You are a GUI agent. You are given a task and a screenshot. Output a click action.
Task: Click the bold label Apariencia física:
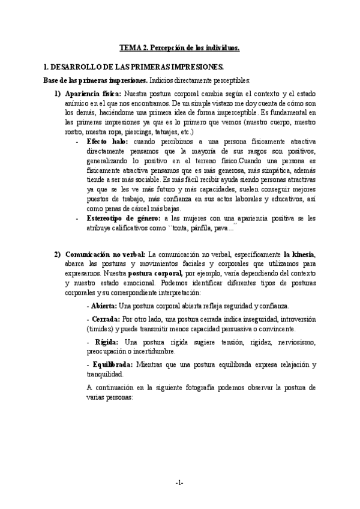[93, 94]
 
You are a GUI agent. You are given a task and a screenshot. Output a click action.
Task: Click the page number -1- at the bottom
[179, 483]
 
